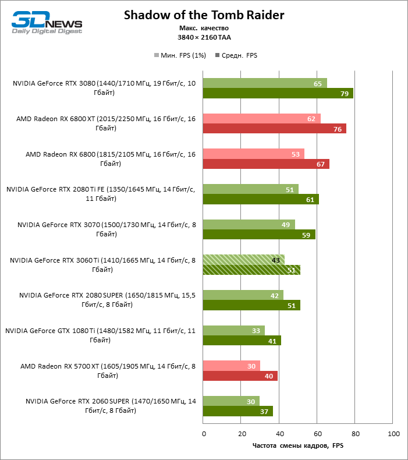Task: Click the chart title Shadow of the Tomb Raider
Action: (204, 15)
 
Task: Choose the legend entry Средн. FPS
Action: (236, 56)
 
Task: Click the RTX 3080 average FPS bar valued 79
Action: (278, 94)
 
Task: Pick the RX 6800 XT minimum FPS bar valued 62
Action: (261, 119)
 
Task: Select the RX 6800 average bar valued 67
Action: (266, 164)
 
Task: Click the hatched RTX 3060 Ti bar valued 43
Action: (243, 260)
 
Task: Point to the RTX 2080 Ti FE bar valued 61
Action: (261, 200)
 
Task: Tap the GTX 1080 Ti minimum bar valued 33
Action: (233, 331)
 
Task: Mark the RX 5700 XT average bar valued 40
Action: (240, 376)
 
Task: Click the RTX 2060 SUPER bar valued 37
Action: (237, 412)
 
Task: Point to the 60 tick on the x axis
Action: (318, 434)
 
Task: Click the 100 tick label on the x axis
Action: (393, 434)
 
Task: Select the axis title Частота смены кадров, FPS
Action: (297, 447)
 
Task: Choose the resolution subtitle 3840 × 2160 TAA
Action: (204, 37)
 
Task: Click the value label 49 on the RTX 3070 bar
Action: (285, 225)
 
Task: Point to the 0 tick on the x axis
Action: (204, 434)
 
